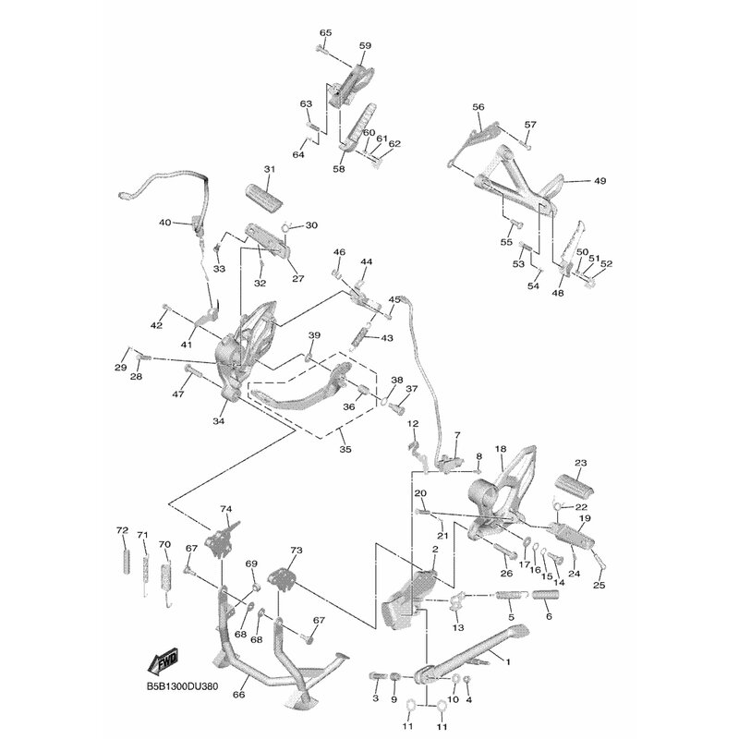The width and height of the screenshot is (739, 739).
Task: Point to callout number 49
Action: [600, 181]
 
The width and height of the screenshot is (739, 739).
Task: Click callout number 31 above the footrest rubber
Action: [270, 170]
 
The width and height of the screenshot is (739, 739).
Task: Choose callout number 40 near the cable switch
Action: [165, 223]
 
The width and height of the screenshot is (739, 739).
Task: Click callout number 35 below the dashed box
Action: [345, 451]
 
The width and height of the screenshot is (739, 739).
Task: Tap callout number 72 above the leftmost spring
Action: [121, 530]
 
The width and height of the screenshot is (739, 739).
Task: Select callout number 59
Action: [365, 45]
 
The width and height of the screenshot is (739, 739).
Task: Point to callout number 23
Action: [580, 463]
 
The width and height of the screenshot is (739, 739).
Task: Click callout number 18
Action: [500, 449]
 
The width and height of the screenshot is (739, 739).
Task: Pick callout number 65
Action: [324, 33]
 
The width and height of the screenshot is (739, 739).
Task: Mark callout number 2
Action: [433, 550]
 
